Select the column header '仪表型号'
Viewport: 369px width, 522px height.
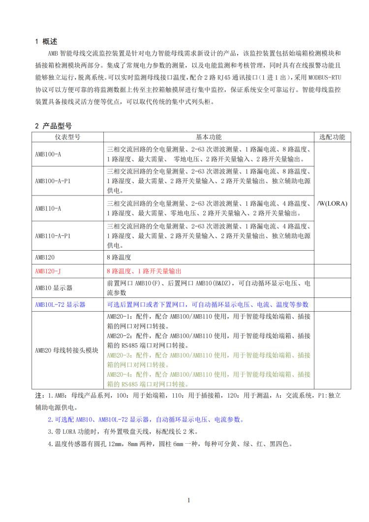click(67, 137)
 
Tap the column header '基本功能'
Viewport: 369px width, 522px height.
click(209, 137)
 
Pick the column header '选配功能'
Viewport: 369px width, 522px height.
click(332, 137)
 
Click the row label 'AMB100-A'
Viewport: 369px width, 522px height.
click(48, 154)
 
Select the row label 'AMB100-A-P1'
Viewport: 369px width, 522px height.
click(53, 181)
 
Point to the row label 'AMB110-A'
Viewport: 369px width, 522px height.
click(48, 208)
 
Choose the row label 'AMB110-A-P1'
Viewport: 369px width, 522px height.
click(53, 235)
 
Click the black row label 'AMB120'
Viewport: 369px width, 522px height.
click(45, 258)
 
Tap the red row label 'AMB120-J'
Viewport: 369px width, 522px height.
click(48, 271)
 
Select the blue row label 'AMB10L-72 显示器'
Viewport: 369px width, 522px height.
click(60, 305)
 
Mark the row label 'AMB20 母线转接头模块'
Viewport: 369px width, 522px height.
click(66, 351)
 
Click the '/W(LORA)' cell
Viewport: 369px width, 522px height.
click(332, 203)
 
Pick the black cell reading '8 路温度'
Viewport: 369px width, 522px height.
click(119, 258)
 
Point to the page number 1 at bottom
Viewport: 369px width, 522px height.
click(188, 501)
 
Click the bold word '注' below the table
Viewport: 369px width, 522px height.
click(38, 395)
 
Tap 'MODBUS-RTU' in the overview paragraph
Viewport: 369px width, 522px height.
click(325, 77)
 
